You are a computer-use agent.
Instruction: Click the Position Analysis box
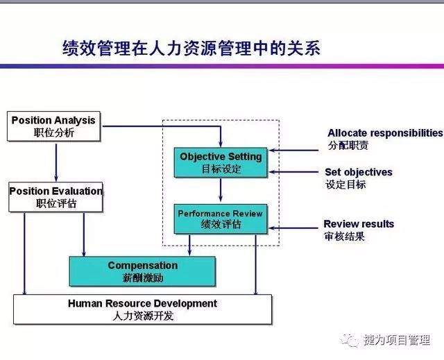click(x=53, y=126)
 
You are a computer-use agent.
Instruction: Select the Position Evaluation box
click(x=55, y=197)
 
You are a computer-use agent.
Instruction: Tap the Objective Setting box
click(x=221, y=162)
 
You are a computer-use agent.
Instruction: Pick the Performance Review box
click(x=221, y=219)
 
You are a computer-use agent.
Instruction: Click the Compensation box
click(x=142, y=271)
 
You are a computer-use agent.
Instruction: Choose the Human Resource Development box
click(x=143, y=309)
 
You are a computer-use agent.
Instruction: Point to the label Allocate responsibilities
click(x=386, y=132)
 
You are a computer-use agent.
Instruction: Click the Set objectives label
click(x=359, y=172)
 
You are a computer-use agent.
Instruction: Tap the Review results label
click(x=359, y=224)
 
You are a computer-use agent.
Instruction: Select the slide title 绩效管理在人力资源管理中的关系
click(x=191, y=48)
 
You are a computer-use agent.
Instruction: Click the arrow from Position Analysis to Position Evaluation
click(x=56, y=162)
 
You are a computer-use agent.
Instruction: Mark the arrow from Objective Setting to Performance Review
click(x=221, y=189)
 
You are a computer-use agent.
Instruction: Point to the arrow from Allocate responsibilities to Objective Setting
click(x=293, y=151)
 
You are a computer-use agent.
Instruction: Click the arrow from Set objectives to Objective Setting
click(x=293, y=172)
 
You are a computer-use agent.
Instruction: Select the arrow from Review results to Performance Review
click(x=293, y=228)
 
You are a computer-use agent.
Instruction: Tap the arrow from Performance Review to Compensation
click(x=189, y=245)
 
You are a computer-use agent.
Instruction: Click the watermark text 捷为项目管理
click(x=397, y=340)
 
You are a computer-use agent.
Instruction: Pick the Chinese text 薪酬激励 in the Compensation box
click(x=143, y=277)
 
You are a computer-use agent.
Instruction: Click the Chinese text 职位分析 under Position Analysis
click(x=54, y=132)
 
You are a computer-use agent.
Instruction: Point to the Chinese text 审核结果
click(x=344, y=236)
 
